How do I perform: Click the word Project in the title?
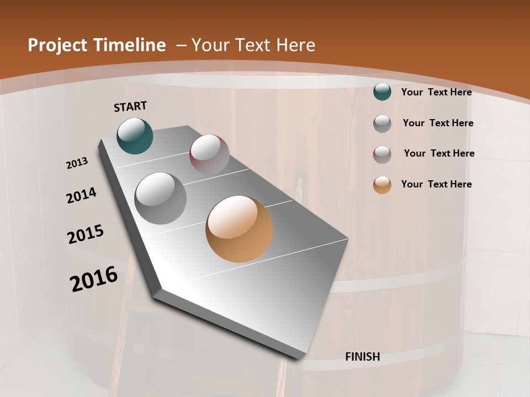56,45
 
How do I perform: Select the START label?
130,106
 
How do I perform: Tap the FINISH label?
363,357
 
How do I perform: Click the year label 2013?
77,163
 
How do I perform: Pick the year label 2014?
81,196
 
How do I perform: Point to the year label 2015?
86,234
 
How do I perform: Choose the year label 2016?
94,279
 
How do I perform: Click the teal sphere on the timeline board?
135,136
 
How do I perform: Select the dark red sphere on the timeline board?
209,154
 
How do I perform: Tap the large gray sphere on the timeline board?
161,198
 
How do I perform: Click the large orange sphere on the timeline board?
239,229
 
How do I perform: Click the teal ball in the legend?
382,92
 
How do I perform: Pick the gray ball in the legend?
382,123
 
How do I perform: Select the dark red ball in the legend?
382,154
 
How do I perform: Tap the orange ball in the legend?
382,184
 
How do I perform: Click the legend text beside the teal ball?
436,92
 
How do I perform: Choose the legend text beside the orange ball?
436,184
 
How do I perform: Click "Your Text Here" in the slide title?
253,45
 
